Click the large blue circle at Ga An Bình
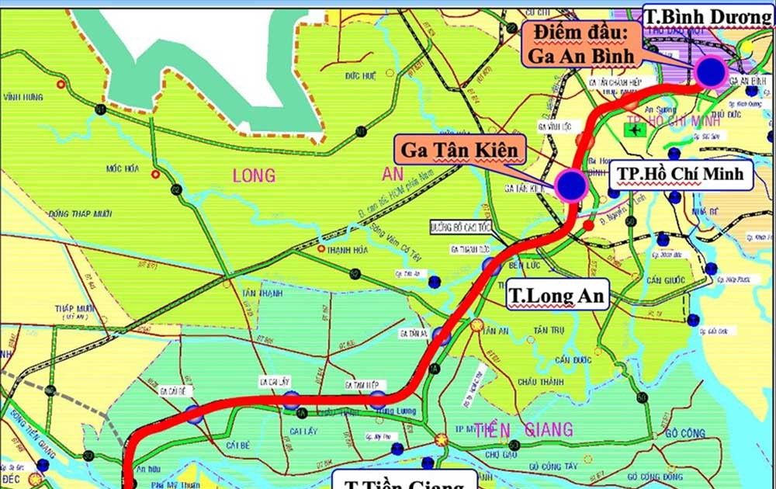pyautogui.click(x=710, y=71)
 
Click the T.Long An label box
pyautogui.click(x=556, y=296)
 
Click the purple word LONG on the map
pyautogui.click(x=254, y=176)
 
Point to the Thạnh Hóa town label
pyautogui.click(x=348, y=250)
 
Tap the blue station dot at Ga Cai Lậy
pyautogui.click(x=291, y=400)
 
